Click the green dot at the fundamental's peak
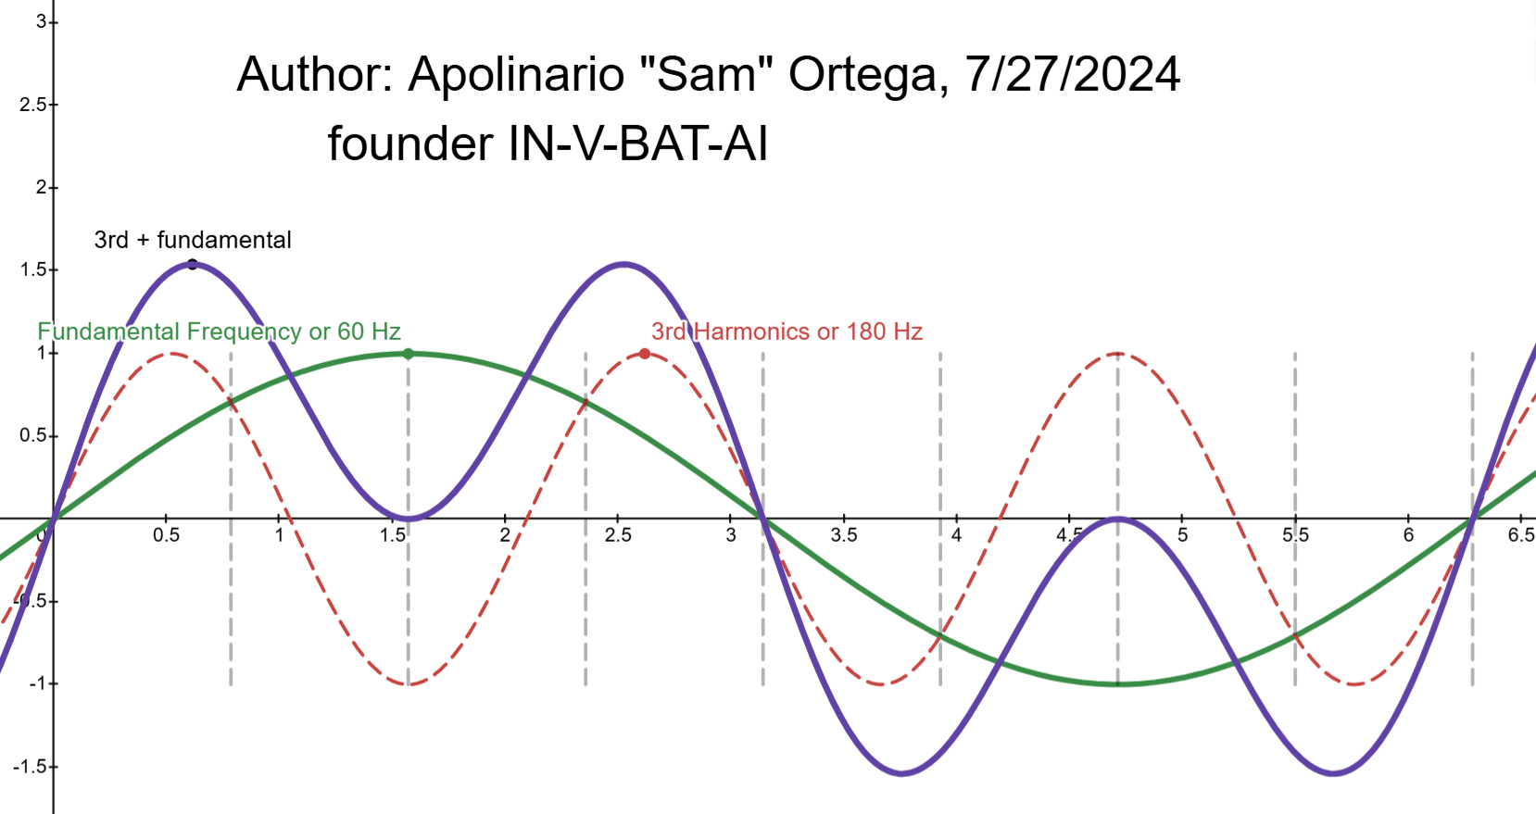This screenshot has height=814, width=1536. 408,354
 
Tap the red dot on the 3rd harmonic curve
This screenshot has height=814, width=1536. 645,354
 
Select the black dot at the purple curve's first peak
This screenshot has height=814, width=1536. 193,265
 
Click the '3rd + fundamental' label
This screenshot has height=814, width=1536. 193,240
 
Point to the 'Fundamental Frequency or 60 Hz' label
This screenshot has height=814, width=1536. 219,332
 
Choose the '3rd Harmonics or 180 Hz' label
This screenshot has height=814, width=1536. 787,332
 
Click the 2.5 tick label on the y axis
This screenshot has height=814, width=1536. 34,105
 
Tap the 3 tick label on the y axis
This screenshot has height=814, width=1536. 42,22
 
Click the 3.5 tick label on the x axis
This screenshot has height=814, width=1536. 843,535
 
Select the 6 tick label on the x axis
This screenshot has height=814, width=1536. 1408,535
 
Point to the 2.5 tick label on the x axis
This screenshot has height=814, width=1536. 618,535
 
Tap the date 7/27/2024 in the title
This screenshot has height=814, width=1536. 1073,73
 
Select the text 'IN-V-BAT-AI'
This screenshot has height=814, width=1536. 637,144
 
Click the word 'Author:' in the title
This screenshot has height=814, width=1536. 315,73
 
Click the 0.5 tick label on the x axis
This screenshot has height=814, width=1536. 166,535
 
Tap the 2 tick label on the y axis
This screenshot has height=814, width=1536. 42,187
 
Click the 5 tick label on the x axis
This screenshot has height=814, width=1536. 1182,535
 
